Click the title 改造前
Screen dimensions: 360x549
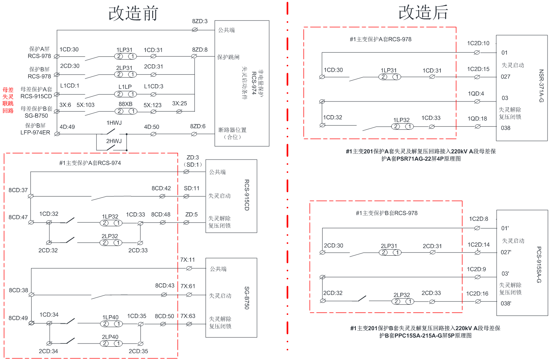[x=133, y=13]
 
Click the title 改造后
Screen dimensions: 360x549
[x=423, y=13]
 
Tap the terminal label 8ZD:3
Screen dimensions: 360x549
[x=200, y=22]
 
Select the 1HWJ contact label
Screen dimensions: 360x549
[x=114, y=123]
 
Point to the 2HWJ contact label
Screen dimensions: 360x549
[x=114, y=141]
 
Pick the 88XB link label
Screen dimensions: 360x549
[x=125, y=104]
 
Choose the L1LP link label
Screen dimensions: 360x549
[x=125, y=87]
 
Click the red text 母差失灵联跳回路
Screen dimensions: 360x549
[x=8, y=100]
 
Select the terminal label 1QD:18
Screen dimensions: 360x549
[x=477, y=119]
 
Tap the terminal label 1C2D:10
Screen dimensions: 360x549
[x=478, y=43]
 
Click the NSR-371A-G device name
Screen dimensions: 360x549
[x=541, y=86]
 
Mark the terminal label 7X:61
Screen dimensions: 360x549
[x=188, y=286]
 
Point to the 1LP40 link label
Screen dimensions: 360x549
[x=110, y=317]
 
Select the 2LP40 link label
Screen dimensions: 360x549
[x=110, y=337]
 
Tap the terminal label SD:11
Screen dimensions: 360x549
[x=192, y=188]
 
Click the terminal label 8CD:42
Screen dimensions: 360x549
[x=161, y=188]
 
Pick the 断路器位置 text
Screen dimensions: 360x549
[x=232, y=130]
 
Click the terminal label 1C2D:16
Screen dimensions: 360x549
[x=477, y=294]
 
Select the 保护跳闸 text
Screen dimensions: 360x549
[x=228, y=57]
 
